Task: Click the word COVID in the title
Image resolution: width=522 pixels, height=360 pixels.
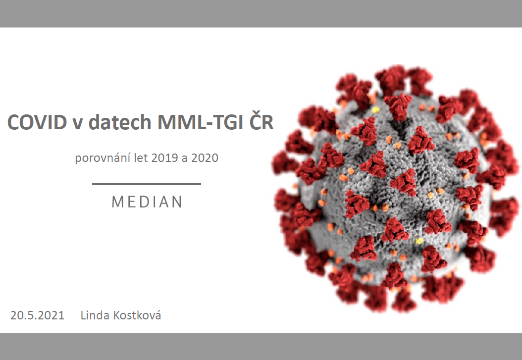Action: pyautogui.click(x=37, y=122)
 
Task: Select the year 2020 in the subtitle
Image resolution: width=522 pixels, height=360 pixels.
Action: pyautogui.click(x=205, y=157)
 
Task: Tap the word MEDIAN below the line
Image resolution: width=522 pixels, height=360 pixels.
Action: pyautogui.click(x=147, y=202)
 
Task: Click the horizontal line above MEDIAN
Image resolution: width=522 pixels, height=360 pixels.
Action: pyautogui.click(x=147, y=184)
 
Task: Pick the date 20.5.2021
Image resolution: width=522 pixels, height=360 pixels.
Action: pyautogui.click(x=37, y=315)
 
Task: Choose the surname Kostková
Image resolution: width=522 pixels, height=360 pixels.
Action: pyautogui.click(x=137, y=314)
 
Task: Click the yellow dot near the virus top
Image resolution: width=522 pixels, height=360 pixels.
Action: pyautogui.click(x=375, y=109)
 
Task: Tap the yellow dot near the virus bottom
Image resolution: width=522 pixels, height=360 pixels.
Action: pyautogui.click(x=419, y=241)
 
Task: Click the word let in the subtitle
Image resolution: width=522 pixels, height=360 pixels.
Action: pyautogui.click(x=141, y=157)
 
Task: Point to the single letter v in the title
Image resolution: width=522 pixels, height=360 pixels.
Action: pyautogui.click(x=78, y=124)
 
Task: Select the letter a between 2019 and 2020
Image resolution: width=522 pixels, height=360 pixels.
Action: pyautogui.click(x=184, y=158)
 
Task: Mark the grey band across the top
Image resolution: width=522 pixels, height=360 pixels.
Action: pyautogui.click(x=261, y=14)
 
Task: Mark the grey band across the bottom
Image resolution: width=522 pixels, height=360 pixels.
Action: pyautogui.click(x=261, y=346)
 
